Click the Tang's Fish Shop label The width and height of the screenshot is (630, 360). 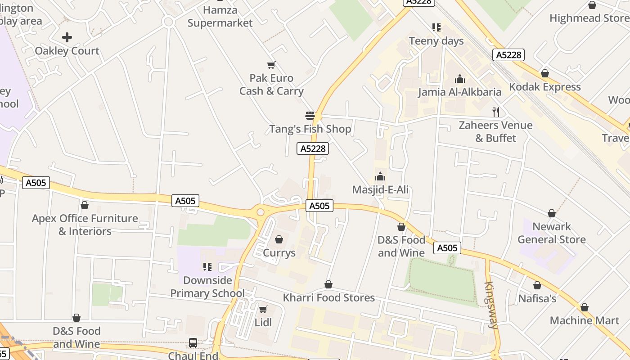(x=310, y=129)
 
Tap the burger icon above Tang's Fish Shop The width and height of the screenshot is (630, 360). (x=310, y=116)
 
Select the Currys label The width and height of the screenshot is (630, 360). (x=279, y=253)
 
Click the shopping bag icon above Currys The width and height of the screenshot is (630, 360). (x=279, y=239)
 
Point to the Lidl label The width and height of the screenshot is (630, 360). (x=263, y=323)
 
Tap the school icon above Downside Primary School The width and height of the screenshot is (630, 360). (x=207, y=267)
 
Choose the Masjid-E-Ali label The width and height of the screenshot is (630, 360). (x=380, y=190)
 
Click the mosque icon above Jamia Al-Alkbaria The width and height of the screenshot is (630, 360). (x=459, y=79)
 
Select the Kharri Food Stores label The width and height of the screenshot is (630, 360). (x=328, y=298)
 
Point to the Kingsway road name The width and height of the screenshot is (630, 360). (x=491, y=306)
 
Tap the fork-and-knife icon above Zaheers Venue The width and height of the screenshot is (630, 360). (x=496, y=112)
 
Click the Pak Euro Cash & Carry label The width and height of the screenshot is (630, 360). (x=271, y=85)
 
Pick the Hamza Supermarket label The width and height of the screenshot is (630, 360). (x=220, y=16)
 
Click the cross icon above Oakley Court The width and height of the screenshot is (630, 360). (x=67, y=37)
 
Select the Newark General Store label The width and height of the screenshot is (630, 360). (x=552, y=233)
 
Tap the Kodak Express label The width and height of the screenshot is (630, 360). (x=545, y=87)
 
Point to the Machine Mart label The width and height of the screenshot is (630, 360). (x=585, y=320)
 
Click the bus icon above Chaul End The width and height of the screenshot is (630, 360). (x=193, y=343)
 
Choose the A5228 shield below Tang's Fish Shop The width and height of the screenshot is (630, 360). (x=313, y=148)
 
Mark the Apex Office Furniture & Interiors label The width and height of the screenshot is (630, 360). (x=85, y=225)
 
